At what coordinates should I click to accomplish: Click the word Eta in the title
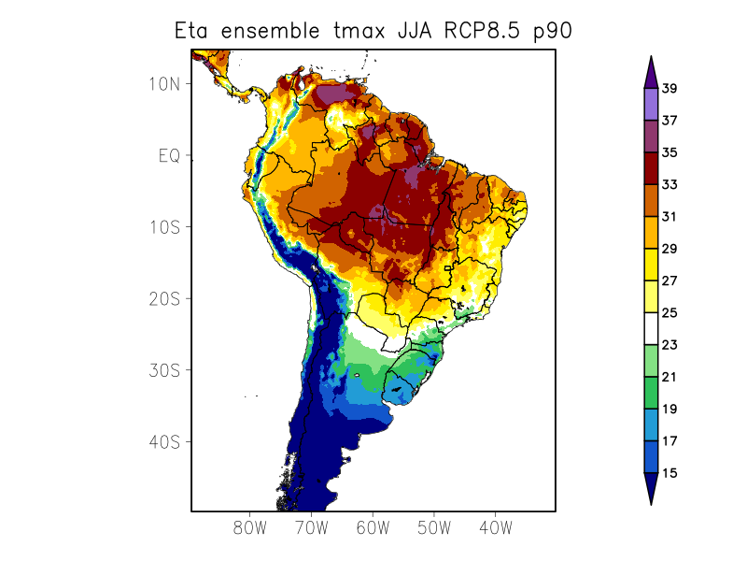[193, 30]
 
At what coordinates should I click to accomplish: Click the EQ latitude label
[169, 155]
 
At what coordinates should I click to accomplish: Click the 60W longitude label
[373, 527]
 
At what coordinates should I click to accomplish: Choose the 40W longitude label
[495, 527]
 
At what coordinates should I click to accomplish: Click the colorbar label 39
[669, 89]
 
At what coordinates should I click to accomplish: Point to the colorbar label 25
[669, 313]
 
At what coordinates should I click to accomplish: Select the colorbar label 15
[669, 473]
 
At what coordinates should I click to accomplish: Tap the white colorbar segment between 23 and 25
[651, 329]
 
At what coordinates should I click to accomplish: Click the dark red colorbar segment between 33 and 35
[651, 168]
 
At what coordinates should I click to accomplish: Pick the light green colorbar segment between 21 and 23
[651, 361]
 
